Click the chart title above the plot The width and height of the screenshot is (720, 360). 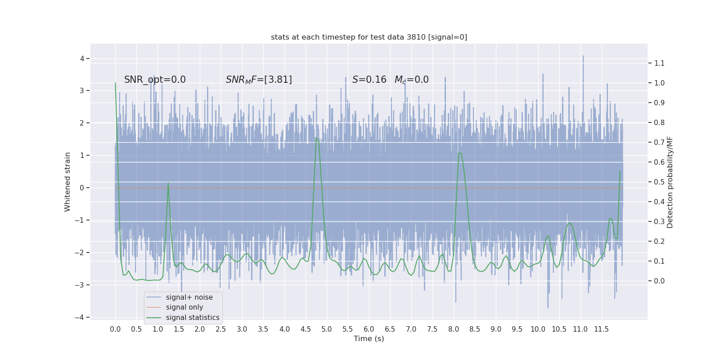[369, 37]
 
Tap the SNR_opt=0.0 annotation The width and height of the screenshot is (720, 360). [155, 80]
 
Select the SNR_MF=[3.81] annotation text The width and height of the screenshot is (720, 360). [259, 80]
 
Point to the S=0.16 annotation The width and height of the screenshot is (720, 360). [369, 80]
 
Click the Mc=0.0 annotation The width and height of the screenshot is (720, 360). [411, 80]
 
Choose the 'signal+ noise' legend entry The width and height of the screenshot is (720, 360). [189, 297]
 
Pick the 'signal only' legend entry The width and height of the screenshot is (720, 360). [184, 307]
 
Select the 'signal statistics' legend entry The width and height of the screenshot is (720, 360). [193, 318]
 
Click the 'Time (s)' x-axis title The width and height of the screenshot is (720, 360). [369, 338]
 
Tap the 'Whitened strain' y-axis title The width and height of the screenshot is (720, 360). [67, 182]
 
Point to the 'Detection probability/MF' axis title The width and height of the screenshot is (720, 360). [670, 182]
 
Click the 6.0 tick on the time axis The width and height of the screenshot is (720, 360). [369, 329]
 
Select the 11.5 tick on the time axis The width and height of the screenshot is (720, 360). [601, 329]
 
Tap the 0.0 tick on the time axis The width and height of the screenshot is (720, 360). [115, 329]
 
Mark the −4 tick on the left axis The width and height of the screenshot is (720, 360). [79, 317]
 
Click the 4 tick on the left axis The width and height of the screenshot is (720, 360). [82, 58]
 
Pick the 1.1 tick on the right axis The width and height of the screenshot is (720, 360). [659, 63]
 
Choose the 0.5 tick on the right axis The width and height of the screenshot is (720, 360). [659, 182]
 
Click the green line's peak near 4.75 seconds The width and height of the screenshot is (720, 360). [316, 138]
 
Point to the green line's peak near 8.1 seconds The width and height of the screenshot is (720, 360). [459, 153]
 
